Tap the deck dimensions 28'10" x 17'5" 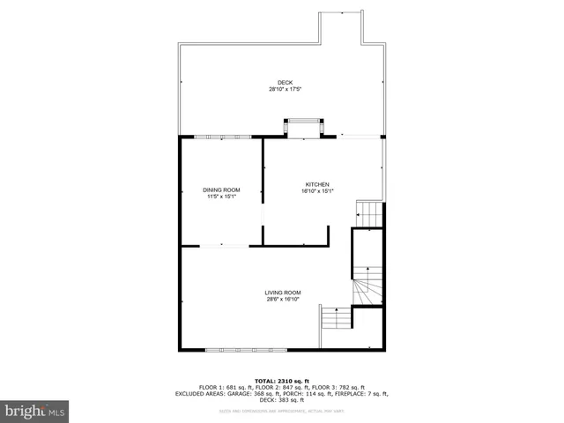point(281,89)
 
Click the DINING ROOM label point(221,189)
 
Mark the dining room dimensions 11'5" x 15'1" point(221,196)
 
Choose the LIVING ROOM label point(283,293)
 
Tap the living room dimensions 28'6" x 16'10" point(283,299)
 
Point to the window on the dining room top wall point(222,137)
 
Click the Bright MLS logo point(35,410)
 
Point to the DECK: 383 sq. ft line point(282,400)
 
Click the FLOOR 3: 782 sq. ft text point(352,387)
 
